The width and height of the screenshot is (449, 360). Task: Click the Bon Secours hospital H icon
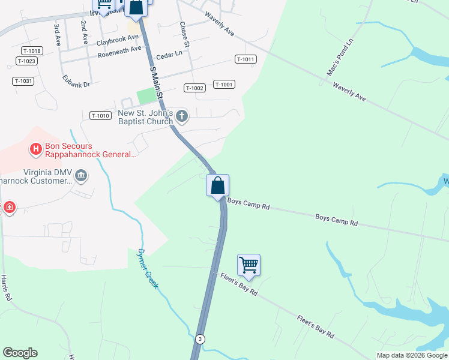(35, 148)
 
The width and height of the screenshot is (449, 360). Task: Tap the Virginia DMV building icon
(81, 176)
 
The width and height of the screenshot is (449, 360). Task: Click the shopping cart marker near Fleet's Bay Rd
(249, 265)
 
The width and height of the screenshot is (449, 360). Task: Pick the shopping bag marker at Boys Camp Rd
(217, 185)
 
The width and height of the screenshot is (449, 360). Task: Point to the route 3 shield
(199, 339)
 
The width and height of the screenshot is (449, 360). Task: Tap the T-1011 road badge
(246, 59)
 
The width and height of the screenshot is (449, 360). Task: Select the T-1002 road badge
(194, 88)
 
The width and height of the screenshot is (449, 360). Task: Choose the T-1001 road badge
(223, 85)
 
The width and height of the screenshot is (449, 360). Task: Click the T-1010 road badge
(100, 115)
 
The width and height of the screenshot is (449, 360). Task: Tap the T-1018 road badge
(31, 52)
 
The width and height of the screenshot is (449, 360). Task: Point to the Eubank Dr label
(76, 80)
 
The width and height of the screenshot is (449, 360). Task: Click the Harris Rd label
(5, 289)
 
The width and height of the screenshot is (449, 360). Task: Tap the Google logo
(20, 353)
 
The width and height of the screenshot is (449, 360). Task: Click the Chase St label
(185, 35)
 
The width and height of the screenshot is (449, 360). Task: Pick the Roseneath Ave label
(120, 53)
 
